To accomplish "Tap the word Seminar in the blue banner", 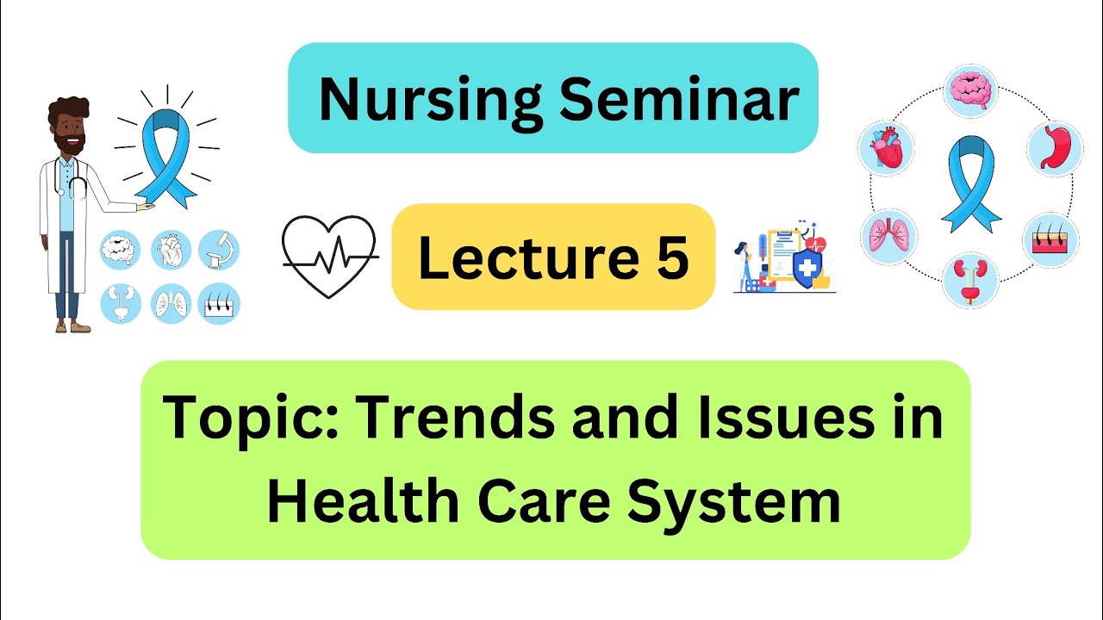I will [x=678, y=99].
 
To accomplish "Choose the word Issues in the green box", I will [x=776, y=418].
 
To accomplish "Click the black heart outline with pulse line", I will [x=330, y=256].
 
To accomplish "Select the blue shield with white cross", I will [x=807, y=270].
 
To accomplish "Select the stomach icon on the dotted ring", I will [x=1055, y=149].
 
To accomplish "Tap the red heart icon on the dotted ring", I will [x=886, y=148].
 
